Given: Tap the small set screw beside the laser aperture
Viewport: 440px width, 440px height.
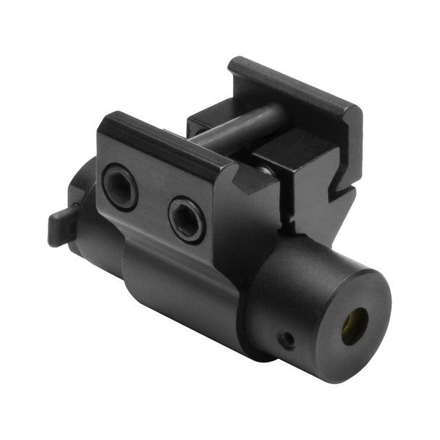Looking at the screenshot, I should [289, 338].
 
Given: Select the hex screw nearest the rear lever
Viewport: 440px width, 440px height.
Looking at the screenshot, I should [119, 187].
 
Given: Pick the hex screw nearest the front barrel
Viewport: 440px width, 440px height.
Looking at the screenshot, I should [186, 219].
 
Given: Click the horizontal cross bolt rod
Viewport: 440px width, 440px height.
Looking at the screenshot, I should [232, 126].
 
